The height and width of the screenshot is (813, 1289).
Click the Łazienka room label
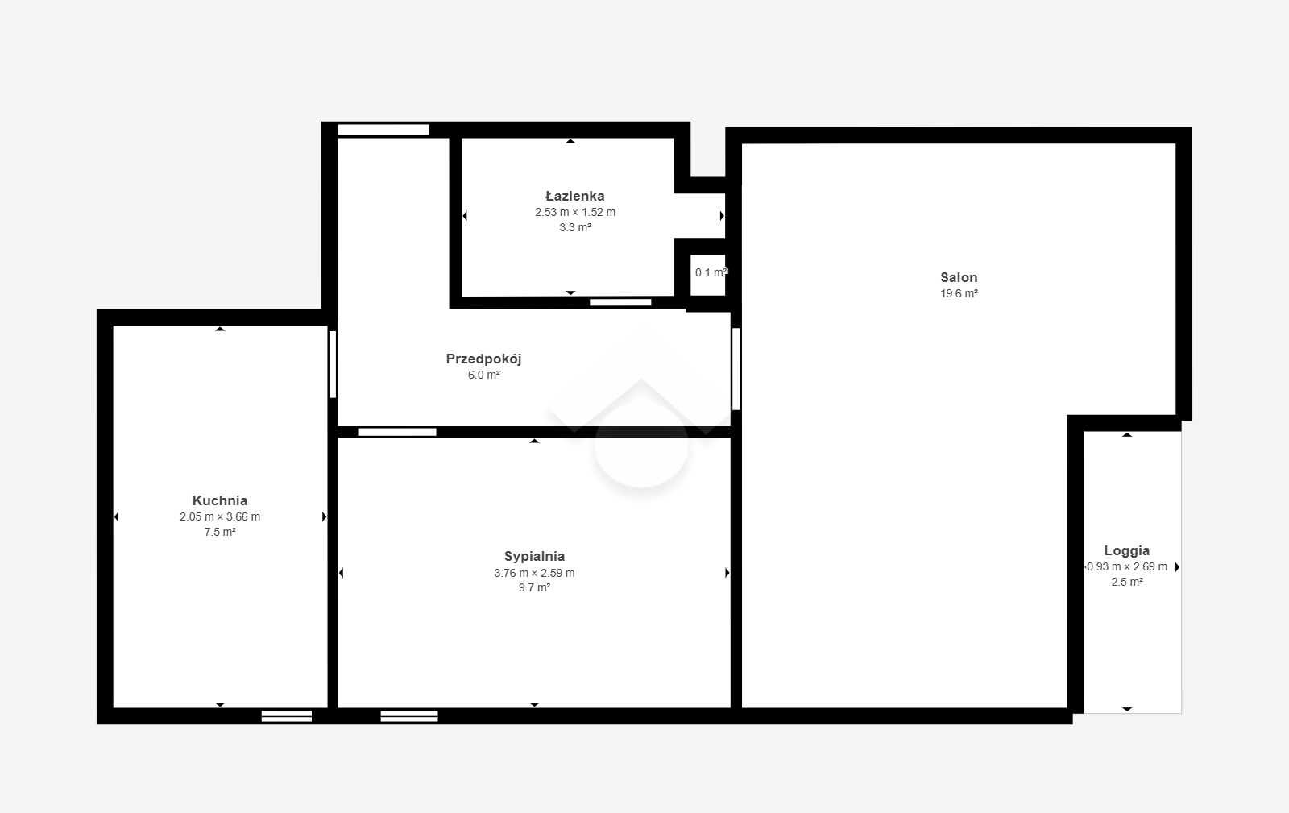tap(575, 197)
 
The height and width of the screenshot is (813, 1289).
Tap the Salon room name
tap(959, 277)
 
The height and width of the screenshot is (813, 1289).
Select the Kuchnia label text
tap(220, 500)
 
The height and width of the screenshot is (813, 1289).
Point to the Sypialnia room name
tap(535, 557)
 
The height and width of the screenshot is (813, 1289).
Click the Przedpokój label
tap(483, 359)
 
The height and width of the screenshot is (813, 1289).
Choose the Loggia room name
tap(1127, 550)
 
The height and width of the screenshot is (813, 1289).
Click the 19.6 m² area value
tap(959, 293)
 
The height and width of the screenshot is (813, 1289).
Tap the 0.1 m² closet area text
tap(711, 272)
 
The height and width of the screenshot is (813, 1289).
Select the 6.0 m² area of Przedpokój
tap(484, 375)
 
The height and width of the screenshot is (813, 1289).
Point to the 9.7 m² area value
tap(535, 587)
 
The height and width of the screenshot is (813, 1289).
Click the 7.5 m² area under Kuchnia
tap(220, 533)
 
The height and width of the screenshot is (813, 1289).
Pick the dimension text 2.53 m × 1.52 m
tap(575, 212)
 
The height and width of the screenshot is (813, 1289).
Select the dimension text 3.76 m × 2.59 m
tap(535, 573)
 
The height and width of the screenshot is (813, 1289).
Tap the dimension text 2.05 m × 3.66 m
tap(220, 516)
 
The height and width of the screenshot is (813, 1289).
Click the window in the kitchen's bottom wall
tap(287, 716)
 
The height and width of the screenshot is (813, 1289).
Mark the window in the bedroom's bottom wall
tap(409, 716)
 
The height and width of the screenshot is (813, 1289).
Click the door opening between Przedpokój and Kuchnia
tap(333, 364)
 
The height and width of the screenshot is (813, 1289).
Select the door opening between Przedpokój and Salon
tap(736, 369)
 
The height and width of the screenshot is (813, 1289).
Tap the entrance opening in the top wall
tap(383, 130)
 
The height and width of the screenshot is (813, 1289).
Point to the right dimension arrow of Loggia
tap(1177, 566)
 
